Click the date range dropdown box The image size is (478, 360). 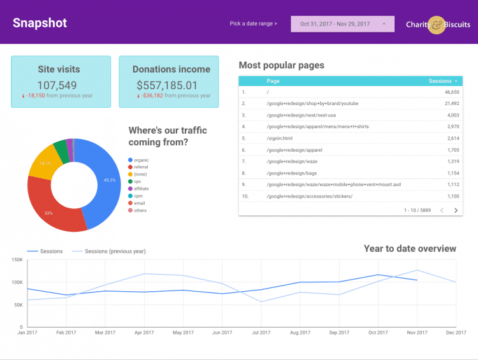[x=342, y=24]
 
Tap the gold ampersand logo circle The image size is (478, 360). [x=437, y=25]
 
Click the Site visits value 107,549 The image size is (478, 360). [x=57, y=85]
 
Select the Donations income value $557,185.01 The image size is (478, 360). [x=167, y=85]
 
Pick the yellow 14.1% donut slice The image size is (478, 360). [x=44, y=163]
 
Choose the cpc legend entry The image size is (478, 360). [x=134, y=182]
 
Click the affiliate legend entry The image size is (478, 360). [x=138, y=189]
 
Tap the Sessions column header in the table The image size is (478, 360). [x=443, y=81]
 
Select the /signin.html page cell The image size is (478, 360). [x=280, y=138]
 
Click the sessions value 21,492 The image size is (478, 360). [x=452, y=104]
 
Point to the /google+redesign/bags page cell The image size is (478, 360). [x=292, y=173]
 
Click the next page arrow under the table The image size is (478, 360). [x=456, y=210]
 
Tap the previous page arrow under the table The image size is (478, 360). [x=442, y=210]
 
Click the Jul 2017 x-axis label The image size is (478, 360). [x=261, y=333]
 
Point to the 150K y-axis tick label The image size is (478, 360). [x=17, y=260]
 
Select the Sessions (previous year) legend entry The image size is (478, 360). [x=109, y=251]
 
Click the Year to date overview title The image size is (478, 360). [x=410, y=248]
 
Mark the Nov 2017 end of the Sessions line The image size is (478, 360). [x=417, y=280]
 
